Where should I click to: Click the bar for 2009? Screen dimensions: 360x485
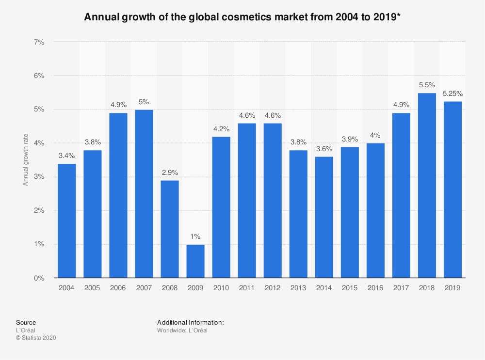[x=195, y=261]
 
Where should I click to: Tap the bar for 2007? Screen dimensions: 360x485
[x=144, y=194]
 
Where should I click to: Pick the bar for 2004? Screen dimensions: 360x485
[x=66, y=221]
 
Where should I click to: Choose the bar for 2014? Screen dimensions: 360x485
[x=324, y=218]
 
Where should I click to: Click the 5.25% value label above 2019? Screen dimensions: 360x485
[x=452, y=94]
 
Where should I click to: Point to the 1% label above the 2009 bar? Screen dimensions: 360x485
[x=195, y=237]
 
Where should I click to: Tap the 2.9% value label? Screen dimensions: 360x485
[x=169, y=173]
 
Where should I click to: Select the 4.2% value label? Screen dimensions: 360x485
[x=221, y=129]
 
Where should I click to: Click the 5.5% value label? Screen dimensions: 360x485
[x=427, y=85]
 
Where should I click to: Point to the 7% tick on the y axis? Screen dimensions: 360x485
[x=39, y=42]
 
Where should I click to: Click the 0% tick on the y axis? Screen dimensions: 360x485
[x=39, y=278]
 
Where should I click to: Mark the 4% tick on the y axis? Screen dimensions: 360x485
[x=39, y=143]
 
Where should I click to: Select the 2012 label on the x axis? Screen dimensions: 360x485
[x=273, y=288]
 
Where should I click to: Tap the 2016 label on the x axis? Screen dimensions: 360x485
[x=375, y=288]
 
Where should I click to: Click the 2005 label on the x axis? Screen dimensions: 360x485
[x=92, y=288]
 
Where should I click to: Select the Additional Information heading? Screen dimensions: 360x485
[x=190, y=322]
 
